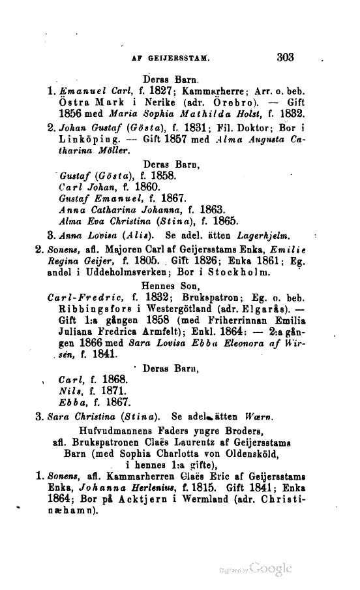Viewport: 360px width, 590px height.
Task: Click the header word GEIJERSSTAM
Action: [177, 58]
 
